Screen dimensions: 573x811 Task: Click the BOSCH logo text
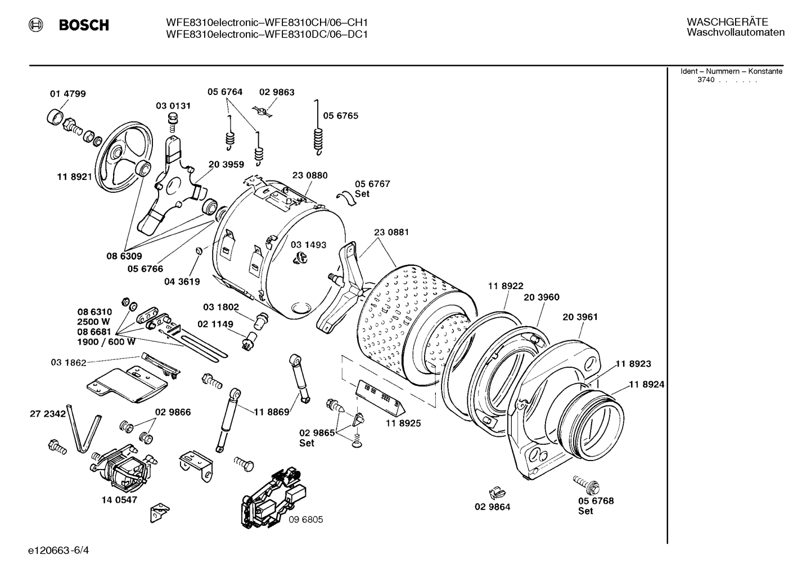[x=83, y=25]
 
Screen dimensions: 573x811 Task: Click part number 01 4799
[x=67, y=94]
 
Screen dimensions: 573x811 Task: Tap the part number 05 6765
[x=340, y=116]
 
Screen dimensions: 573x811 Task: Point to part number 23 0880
[x=309, y=175]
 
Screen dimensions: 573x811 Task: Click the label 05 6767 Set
[x=372, y=188]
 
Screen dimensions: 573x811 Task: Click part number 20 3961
[x=580, y=317]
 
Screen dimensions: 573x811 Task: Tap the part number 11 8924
[x=646, y=385]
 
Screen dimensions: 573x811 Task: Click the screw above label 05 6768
[x=585, y=482]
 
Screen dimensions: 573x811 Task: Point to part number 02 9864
[x=492, y=507]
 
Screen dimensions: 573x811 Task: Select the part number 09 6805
[x=305, y=520]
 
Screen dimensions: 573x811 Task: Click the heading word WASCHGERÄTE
[x=727, y=22]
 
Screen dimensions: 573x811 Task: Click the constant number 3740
[x=705, y=80]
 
